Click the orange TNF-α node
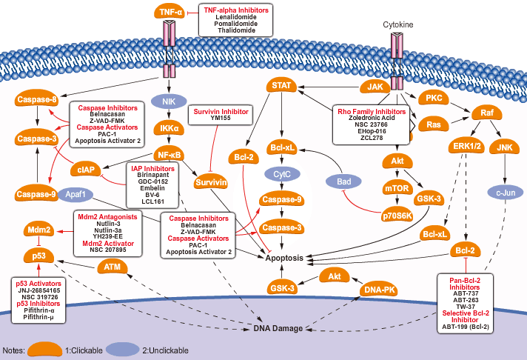click(169, 12)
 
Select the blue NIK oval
click(169, 100)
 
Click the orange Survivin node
click(210, 182)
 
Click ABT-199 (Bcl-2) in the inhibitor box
click(467, 327)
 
